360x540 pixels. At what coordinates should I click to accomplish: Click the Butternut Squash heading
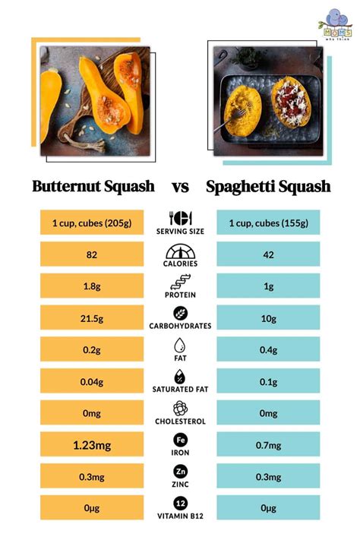tap(93, 186)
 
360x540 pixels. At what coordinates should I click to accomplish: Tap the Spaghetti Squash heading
tap(267, 186)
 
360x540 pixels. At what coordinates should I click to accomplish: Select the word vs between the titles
tap(179, 186)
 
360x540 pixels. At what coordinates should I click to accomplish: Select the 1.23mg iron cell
tap(91, 444)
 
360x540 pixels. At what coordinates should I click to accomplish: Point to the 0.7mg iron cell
tap(267, 444)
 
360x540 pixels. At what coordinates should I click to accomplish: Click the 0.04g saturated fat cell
tap(91, 381)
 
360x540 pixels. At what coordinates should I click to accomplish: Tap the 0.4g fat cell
tap(267, 350)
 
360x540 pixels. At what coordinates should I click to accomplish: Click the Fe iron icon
tap(179, 439)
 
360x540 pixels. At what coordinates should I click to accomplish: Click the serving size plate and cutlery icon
tap(179, 219)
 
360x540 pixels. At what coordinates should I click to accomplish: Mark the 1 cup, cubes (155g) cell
tap(267, 223)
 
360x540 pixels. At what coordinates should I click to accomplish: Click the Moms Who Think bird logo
tap(335, 23)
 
